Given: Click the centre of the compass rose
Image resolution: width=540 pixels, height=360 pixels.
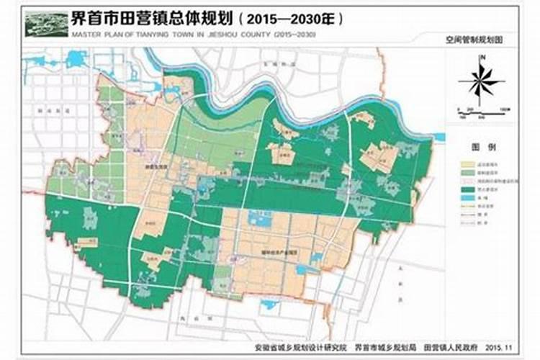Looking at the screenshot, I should (482, 81).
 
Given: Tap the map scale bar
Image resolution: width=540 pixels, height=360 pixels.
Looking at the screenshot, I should (483, 109).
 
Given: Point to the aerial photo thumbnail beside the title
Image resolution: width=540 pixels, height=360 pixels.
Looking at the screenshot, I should (46, 23).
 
